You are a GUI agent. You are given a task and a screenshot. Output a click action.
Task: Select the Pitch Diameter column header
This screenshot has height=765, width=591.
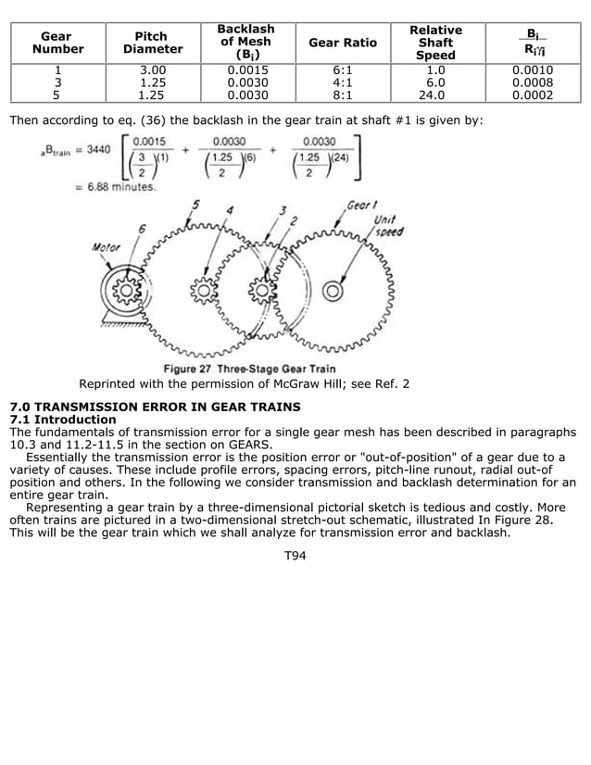[x=152, y=43]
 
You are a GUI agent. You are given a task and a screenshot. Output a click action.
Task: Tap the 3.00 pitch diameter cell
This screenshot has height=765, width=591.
[x=152, y=69]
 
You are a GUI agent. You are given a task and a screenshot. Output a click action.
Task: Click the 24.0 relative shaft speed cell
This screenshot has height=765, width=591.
[x=435, y=94]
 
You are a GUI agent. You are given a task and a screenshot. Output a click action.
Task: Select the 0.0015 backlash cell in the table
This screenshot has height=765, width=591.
[x=245, y=69]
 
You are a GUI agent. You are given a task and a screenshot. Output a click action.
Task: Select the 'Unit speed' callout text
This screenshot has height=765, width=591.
[x=388, y=226]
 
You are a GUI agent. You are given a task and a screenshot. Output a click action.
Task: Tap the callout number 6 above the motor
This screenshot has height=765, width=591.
[x=141, y=229]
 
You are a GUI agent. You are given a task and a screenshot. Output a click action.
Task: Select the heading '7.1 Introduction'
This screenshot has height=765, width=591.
[x=62, y=420]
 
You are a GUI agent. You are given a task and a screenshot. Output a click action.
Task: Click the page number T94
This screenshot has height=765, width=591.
[x=295, y=556]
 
